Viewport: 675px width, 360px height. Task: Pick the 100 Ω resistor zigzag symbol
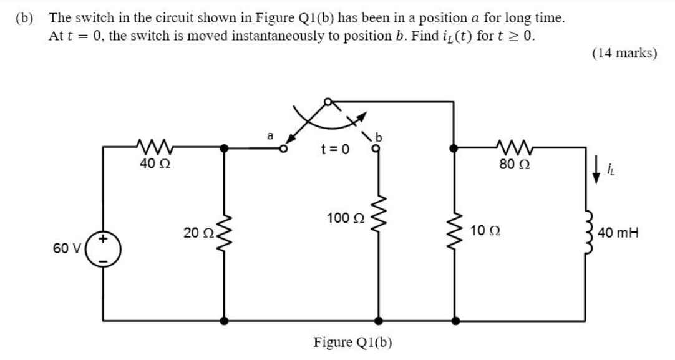pyautogui.click(x=377, y=218)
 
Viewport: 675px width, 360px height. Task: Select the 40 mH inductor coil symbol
pyautogui.click(x=586, y=233)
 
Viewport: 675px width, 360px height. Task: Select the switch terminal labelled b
pyautogui.click(x=377, y=149)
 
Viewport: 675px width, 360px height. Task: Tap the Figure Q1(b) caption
pyautogui.click(x=352, y=342)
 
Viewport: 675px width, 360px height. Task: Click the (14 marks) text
pyautogui.click(x=624, y=53)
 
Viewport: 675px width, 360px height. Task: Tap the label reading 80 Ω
pyautogui.click(x=514, y=165)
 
